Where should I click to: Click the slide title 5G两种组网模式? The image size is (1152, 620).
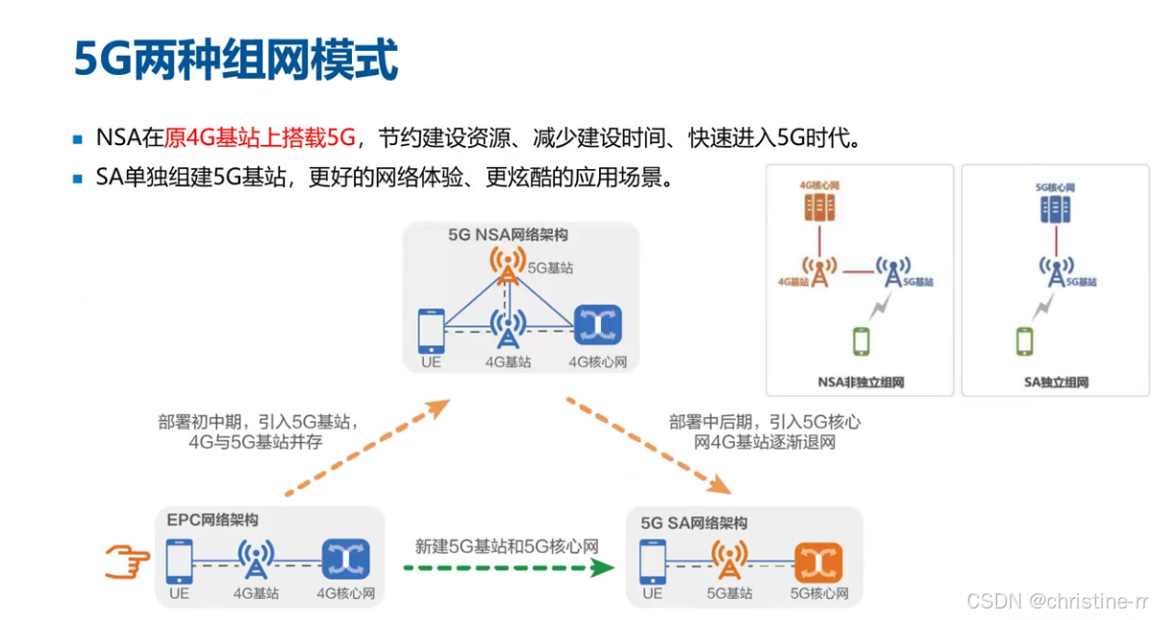(x=236, y=60)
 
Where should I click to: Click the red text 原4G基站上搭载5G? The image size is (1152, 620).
(x=261, y=137)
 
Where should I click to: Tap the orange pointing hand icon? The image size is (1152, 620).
(x=128, y=560)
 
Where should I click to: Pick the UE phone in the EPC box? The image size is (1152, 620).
(x=179, y=560)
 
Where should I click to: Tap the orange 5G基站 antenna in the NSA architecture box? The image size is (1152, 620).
(x=507, y=265)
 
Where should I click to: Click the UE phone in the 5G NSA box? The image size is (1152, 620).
(x=432, y=331)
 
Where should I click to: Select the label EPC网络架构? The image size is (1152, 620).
(x=213, y=520)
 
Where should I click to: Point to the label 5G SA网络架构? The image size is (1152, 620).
(x=694, y=523)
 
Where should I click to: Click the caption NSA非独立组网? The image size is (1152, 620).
(x=860, y=383)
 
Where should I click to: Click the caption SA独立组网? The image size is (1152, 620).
(x=1056, y=383)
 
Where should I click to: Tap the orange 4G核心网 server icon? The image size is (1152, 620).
(x=817, y=207)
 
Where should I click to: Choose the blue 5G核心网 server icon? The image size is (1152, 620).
(x=1056, y=209)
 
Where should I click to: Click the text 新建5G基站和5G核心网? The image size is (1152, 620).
(x=507, y=546)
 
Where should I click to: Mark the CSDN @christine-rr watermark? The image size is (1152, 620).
(x=1057, y=602)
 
